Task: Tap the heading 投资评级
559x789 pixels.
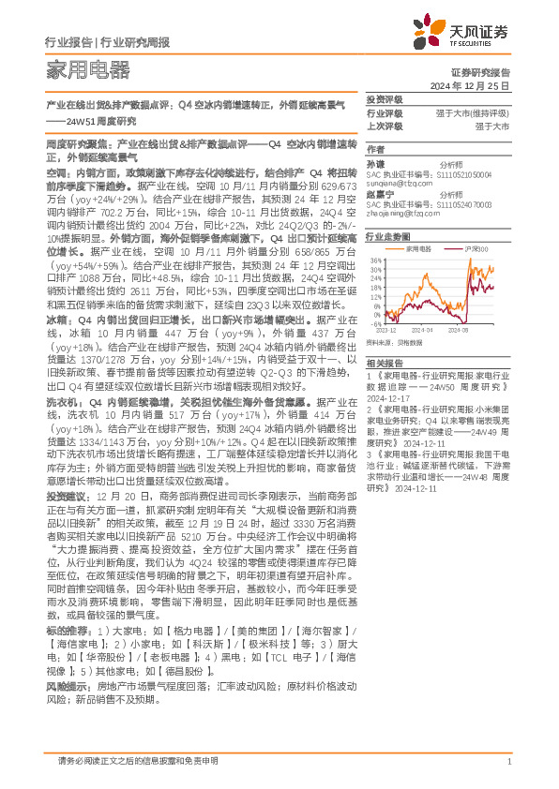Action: click(x=384, y=99)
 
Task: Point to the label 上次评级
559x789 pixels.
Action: click(x=385, y=126)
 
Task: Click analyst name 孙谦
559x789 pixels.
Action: click(x=375, y=163)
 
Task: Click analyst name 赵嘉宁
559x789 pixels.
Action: click(x=378, y=194)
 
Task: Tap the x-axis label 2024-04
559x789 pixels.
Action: click(x=422, y=331)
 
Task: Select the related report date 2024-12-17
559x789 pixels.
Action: click(x=388, y=396)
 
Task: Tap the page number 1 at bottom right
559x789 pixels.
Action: click(x=508, y=760)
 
